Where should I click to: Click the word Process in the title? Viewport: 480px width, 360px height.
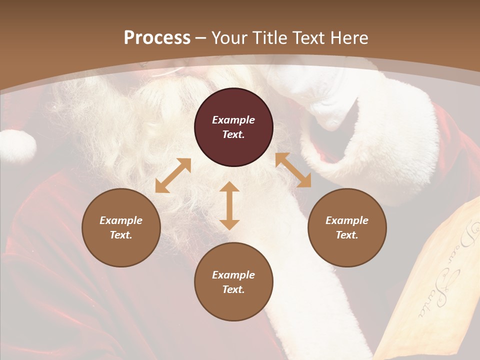(157, 38)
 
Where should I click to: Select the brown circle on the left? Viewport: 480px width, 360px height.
(121, 227)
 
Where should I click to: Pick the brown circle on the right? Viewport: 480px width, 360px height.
(347, 227)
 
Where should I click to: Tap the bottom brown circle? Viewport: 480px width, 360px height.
(233, 282)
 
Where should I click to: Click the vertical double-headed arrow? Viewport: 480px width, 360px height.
(229, 205)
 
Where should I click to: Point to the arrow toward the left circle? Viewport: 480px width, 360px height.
(173, 175)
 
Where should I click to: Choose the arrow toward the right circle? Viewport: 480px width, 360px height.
(293, 170)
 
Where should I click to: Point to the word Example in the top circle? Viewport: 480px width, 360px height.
(233, 120)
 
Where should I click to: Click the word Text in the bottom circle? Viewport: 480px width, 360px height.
(233, 289)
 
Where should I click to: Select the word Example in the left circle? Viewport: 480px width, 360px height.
(121, 220)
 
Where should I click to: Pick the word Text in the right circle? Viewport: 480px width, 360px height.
(347, 235)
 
